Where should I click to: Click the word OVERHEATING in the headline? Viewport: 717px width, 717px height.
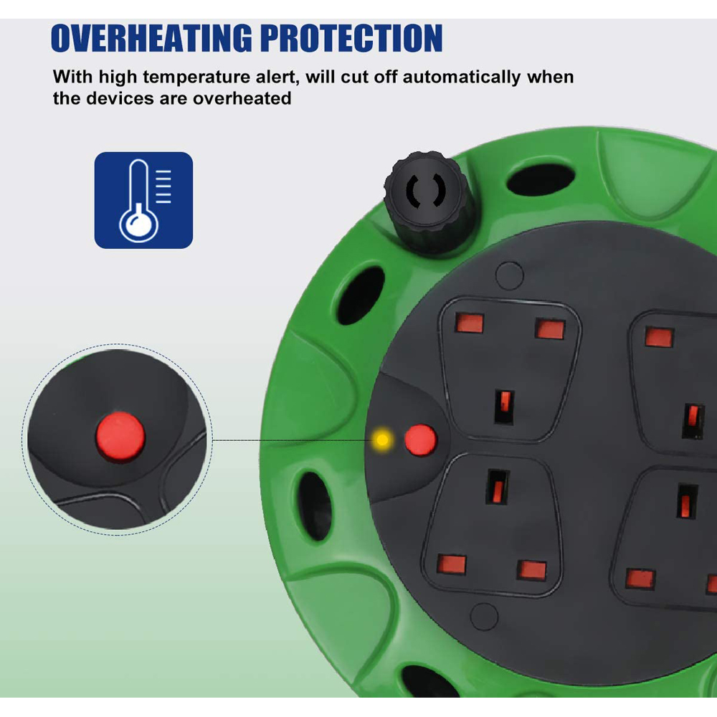[151, 38]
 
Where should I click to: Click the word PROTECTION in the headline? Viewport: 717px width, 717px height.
[351, 38]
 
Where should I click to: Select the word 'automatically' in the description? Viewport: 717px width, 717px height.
[461, 77]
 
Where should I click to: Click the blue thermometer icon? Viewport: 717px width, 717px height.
[143, 200]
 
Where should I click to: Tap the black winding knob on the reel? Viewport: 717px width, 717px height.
[426, 201]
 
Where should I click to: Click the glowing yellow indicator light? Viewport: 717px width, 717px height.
[382, 440]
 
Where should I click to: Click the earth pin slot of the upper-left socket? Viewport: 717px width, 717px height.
[504, 407]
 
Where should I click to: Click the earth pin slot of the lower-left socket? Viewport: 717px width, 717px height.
[497, 487]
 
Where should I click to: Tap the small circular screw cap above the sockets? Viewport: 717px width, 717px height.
[509, 275]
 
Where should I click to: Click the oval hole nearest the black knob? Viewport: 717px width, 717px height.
[541, 180]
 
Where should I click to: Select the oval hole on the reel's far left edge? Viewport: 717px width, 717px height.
[315, 505]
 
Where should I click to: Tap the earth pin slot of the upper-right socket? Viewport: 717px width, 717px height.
[693, 421]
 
